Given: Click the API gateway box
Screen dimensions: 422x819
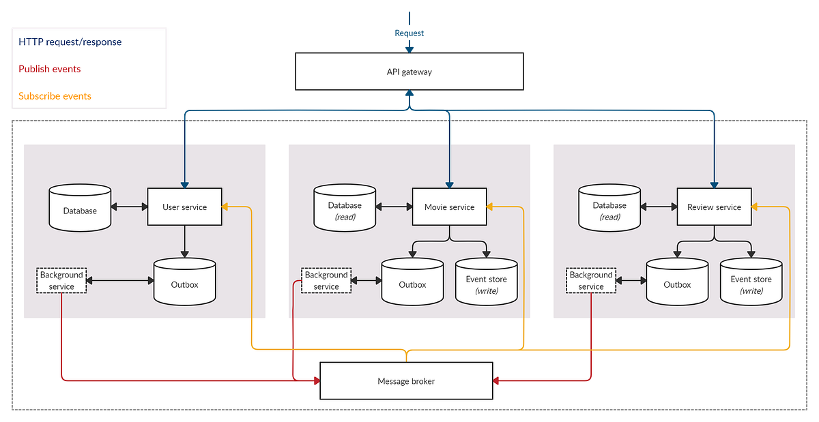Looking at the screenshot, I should (409, 72).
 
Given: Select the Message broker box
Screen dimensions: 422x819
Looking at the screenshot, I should (406, 381).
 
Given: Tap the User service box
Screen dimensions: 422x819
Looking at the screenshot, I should (185, 207).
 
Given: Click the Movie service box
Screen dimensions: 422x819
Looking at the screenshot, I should (449, 207).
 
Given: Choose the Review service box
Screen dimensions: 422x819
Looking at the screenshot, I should (714, 207).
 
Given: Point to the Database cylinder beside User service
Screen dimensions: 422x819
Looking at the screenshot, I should (80, 208).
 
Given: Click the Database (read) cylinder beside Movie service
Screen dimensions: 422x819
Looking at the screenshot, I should (345, 208).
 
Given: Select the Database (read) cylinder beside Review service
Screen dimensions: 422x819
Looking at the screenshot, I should (609, 208).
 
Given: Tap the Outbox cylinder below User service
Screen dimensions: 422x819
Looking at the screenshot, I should (184, 282).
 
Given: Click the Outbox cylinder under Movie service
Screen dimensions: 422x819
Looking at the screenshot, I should (412, 282).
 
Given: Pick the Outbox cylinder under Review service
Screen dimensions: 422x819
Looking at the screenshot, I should (677, 282).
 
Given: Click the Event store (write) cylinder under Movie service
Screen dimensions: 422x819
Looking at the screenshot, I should (486, 282).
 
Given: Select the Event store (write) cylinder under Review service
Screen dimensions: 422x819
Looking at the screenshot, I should (751, 282).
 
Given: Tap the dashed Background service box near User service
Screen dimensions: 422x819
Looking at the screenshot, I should (61, 280).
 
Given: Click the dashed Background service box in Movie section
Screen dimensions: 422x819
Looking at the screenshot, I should (326, 280).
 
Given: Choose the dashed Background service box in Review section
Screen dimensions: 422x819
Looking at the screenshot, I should (591, 280).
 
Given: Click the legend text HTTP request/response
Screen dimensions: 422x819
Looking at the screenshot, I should (70, 42).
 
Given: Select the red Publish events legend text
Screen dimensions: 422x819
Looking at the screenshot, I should (50, 69).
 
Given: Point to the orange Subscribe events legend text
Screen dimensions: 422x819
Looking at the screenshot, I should (55, 96).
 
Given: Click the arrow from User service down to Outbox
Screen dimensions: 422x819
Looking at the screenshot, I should (185, 241).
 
